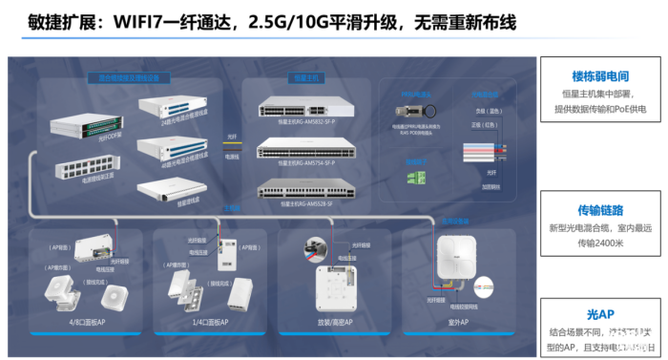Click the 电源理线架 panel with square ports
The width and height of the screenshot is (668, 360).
point(80,171)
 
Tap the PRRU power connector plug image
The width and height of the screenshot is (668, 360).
point(416,111)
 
